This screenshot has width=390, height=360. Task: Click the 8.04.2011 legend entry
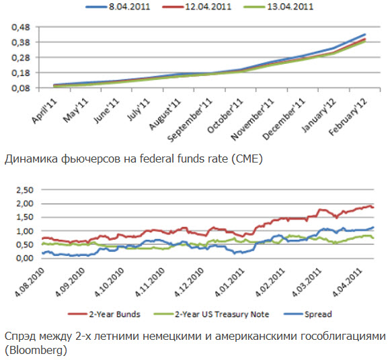pos(118,7)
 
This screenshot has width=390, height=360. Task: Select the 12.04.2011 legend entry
pos(197,7)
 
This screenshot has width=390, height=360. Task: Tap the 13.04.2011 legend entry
pos(278,7)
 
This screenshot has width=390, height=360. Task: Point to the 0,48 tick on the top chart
pos(21,27)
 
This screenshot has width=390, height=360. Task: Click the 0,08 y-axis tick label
pos(21,88)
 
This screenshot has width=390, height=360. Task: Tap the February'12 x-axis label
pos(348,117)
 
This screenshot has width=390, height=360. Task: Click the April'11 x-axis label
pos(44,111)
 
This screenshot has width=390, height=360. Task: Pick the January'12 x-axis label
pos(319,115)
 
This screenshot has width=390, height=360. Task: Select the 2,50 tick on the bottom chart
pos(25,190)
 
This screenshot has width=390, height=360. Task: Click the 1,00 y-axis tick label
pos(25,231)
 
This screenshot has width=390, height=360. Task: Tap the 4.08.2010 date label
pos(30,282)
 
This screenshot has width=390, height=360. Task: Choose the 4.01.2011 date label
pos(229,282)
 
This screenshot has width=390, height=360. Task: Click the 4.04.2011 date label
pos(347,282)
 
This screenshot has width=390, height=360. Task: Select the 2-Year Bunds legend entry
pos(104,314)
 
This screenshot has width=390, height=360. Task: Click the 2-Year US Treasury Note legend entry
pos(212,314)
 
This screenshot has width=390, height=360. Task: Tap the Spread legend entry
pos(308,314)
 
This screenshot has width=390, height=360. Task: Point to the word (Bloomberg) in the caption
pos(36,351)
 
